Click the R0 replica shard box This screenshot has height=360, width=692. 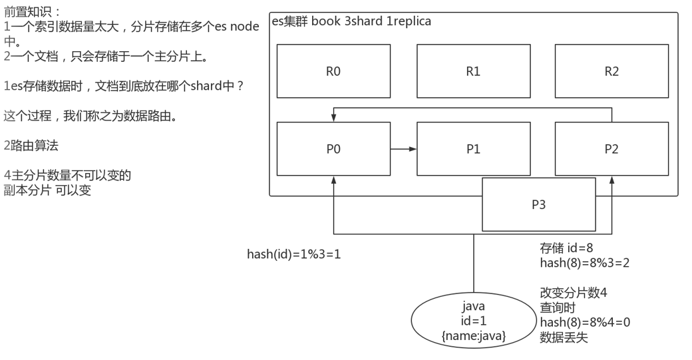pos(333,71)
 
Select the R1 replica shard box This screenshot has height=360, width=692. pos(473,71)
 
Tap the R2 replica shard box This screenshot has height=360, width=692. pos(611,71)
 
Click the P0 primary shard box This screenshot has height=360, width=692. pos(333,149)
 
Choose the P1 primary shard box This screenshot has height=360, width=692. pos(473,149)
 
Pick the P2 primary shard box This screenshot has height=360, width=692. pos(611,149)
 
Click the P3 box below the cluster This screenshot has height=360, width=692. pos(538,204)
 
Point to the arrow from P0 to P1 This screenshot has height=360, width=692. pos(403,149)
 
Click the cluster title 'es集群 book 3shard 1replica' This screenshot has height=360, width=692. pos(351,21)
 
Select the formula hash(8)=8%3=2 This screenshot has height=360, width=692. pos(584,263)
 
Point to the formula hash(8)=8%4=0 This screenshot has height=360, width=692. pos(584,322)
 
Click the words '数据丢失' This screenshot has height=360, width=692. pos(563,337)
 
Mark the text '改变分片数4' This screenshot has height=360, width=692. pos(573,293)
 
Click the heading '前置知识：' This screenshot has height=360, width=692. pos(32,12)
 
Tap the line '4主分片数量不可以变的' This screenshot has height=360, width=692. pos(67,176)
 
